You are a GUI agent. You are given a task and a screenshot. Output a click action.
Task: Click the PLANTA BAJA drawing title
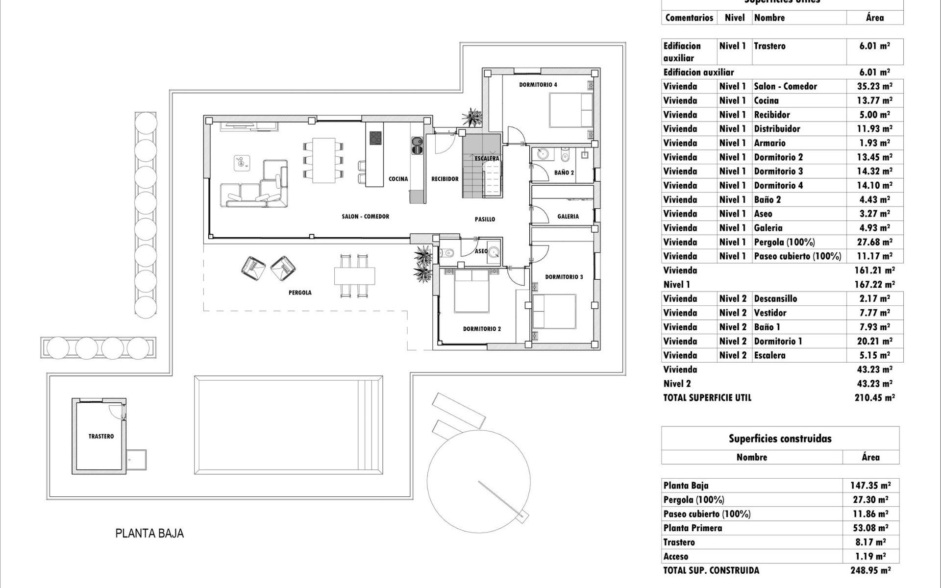tap(149, 534)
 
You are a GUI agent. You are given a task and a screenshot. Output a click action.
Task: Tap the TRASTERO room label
tap(101, 436)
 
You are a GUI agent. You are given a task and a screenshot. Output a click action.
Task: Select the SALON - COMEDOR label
tap(365, 216)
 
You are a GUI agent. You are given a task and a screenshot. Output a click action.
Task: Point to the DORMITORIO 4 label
tap(538, 85)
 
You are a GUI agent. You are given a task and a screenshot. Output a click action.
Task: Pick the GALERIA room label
tap(568, 216)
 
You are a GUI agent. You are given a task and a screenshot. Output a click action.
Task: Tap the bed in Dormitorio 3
tap(554, 311)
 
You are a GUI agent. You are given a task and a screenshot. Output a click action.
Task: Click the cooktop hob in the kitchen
tap(376, 138)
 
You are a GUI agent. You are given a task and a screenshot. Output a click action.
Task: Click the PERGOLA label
tap(299, 293)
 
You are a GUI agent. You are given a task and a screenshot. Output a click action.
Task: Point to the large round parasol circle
tap(478, 480)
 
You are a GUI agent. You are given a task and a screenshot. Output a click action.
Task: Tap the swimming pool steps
tap(371, 424)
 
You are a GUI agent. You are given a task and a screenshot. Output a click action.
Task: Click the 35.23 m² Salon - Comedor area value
tap(874, 86)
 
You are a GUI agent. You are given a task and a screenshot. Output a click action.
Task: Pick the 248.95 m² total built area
tap(870, 570)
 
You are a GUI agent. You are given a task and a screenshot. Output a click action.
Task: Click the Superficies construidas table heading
tap(780, 439)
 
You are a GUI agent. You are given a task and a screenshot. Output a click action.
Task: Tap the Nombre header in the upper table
tap(769, 18)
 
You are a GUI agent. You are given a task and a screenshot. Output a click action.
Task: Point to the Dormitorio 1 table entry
tap(778, 341)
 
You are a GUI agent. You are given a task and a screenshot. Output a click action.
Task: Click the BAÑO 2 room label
tap(564, 172)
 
